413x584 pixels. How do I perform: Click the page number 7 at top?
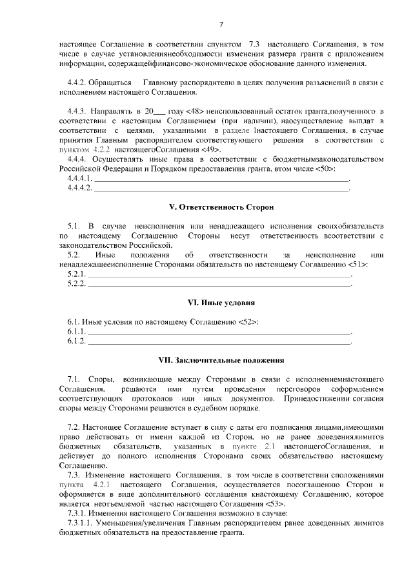tap(221, 25)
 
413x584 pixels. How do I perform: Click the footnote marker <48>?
tap(178, 111)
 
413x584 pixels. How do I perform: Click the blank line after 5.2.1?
tap(219, 276)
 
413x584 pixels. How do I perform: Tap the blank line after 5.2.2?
tap(219, 285)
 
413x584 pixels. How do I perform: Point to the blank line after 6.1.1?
tap(219, 332)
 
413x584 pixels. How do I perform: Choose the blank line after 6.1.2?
tap(219, 342)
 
